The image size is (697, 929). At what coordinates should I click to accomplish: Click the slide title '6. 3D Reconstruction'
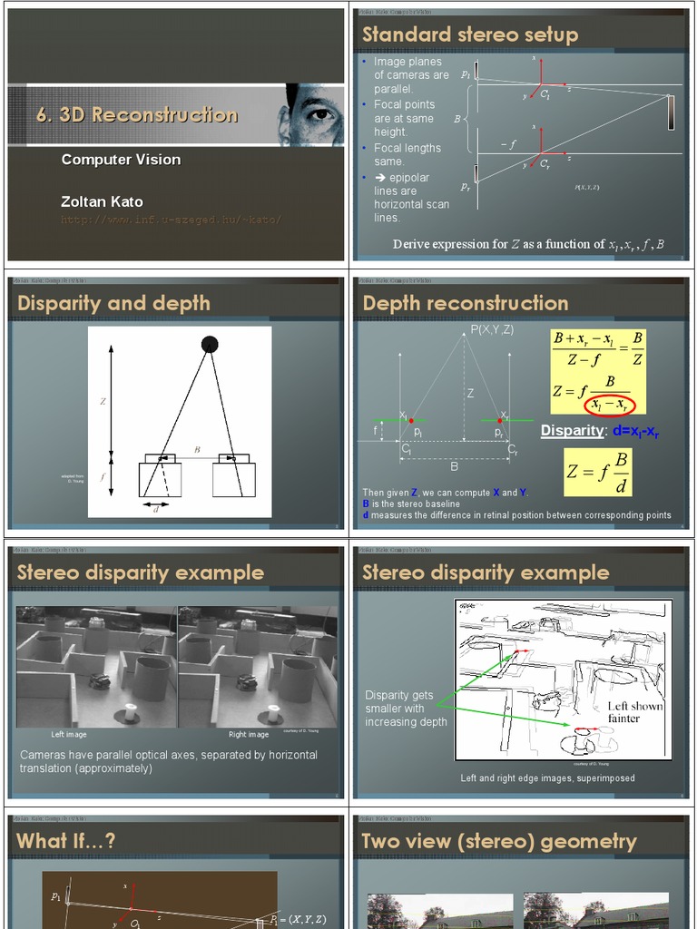[137, 115]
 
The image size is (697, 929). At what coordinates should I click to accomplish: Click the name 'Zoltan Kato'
[102, 201]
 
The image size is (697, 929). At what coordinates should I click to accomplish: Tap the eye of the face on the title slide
[319, 113]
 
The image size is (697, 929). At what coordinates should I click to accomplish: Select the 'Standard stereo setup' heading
[469, 34]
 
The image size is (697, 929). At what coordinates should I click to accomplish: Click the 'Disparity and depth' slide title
[113, 303]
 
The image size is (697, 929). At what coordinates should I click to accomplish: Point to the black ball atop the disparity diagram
[210, 344]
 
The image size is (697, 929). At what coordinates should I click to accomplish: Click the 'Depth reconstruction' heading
[465, 303]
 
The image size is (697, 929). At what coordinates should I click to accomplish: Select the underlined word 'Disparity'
[572, 431]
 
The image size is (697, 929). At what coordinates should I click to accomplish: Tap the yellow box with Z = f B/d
[597, 472]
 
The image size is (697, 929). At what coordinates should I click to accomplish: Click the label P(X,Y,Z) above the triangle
[491, 329]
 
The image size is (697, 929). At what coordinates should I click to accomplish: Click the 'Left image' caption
[69, 734]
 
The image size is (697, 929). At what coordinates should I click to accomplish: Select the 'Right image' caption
[249, 734]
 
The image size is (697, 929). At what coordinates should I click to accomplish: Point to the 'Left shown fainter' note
[635, 712]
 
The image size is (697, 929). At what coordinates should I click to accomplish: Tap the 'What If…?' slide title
[66, 841]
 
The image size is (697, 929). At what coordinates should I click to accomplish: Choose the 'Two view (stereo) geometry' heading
[498, 841]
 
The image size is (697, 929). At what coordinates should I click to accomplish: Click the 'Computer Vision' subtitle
[121, 160]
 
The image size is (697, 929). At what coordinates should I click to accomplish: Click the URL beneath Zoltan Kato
[171, 220]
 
